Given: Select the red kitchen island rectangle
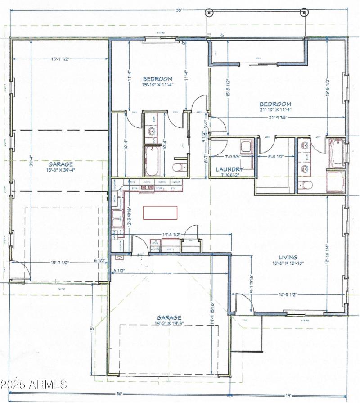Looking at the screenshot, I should pos(160,212).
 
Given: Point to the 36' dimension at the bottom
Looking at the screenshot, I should pos(120,394).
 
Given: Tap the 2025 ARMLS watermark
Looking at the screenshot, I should pos(34,385).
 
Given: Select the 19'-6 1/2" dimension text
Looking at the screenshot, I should pos(171,235).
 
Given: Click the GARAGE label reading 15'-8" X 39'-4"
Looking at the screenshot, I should pos(61,168).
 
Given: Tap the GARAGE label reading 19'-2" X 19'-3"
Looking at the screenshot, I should pos(169,320).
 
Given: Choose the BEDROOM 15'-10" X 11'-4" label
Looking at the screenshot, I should pos(157,82).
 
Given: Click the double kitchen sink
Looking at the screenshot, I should pos(118,219).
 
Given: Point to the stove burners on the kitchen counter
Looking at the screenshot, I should pos(148,186).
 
